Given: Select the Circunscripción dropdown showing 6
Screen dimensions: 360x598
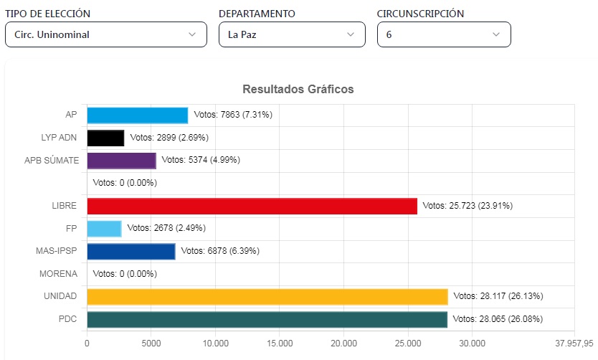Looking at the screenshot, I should [444, 34].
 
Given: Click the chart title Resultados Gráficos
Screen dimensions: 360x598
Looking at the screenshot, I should [298, 90].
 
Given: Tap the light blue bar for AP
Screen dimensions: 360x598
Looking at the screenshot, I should [137, 115].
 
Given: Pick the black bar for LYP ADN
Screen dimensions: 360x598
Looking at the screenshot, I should [105, 138].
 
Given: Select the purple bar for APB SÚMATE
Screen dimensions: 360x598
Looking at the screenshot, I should [121, 160].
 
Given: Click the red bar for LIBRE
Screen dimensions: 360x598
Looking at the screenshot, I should [252, 206].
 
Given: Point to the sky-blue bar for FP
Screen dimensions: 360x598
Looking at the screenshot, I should [104, 229].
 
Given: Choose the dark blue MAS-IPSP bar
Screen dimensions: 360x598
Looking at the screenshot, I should [130, 251].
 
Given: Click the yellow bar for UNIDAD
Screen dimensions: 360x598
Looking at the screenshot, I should [267, 296].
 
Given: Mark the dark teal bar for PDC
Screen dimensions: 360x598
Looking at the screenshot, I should [267, 319].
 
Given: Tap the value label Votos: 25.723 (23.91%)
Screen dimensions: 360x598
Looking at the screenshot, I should [468, 206].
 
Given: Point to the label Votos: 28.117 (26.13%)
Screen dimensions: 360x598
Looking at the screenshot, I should [498, 296].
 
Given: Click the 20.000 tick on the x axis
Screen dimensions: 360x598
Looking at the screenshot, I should [343, 343].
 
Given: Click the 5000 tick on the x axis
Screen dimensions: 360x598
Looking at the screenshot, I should [151, 343].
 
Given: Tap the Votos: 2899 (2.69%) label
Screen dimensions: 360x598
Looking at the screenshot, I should [169, 138].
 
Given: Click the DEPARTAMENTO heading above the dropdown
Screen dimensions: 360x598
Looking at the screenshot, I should [257, 14].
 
